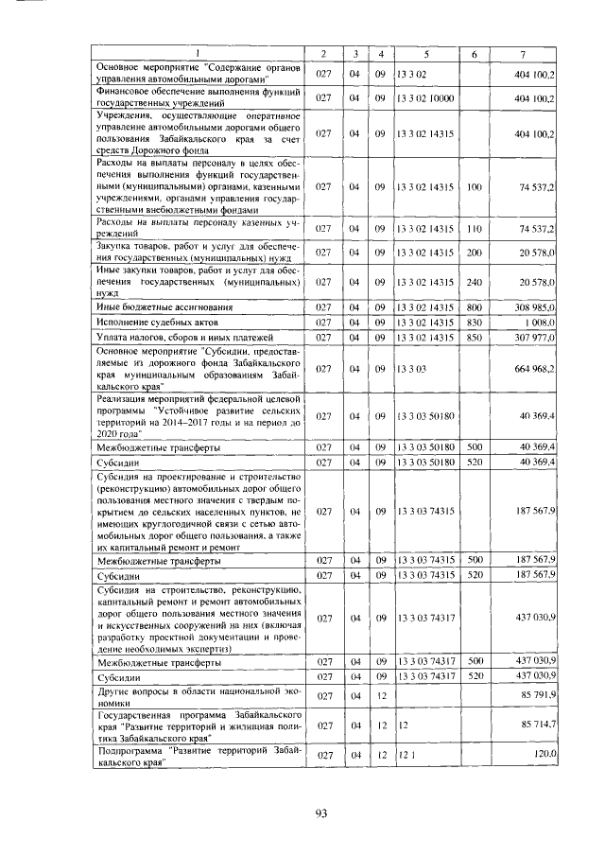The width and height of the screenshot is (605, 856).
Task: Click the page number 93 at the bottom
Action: (320, 815)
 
